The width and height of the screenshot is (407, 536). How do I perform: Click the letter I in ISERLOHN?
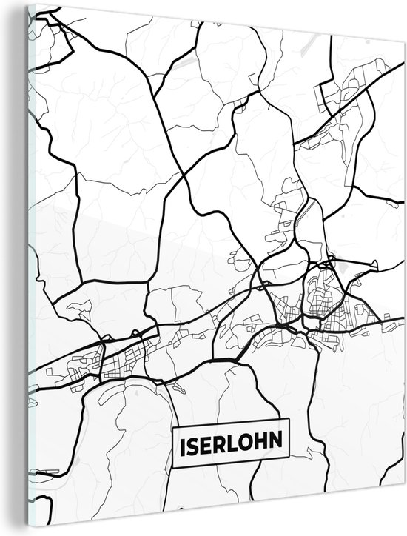(182, 445)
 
